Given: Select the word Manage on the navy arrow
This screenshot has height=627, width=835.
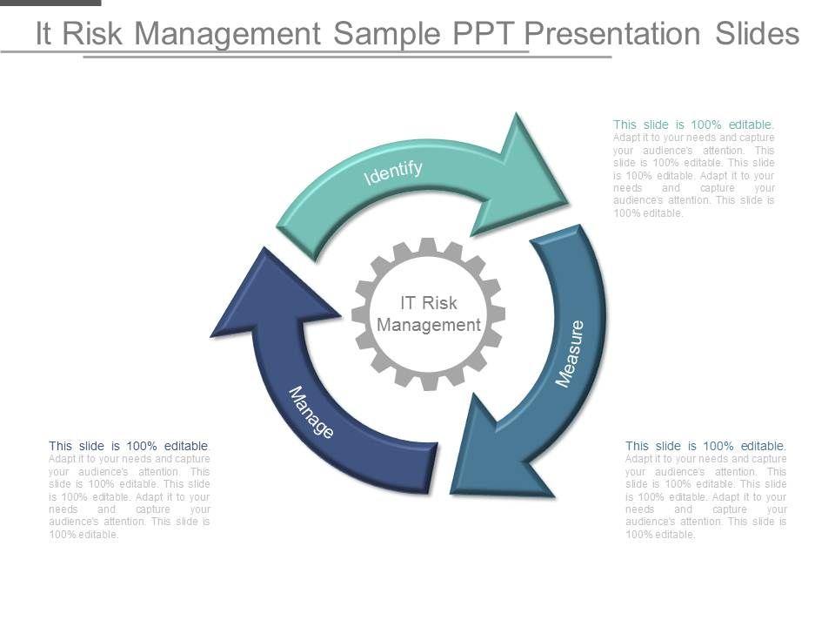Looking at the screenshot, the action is [311, 412].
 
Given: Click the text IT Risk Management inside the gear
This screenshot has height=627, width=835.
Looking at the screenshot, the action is [429, 313].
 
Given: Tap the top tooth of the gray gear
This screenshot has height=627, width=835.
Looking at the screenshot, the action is [428, 246].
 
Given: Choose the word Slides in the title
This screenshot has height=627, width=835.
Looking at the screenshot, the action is [756, 33].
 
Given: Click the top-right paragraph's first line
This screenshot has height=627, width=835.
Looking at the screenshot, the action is [693, 125].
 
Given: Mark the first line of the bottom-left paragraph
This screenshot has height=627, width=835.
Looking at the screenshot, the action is [130, 446].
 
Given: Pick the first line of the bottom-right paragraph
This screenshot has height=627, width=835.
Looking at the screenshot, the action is [705, 446].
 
